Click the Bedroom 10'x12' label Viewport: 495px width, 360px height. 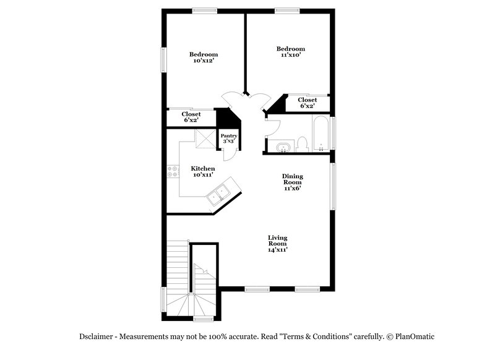[x=204, y=58]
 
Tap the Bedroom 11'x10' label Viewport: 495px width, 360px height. [x=290, y=52]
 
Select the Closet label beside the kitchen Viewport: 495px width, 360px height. [x=191, y=117]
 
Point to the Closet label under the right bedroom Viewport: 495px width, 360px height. [x=307, y=103]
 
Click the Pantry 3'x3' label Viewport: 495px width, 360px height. [x=229, y=139]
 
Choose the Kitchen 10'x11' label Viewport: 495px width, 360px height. [x=203, y=171]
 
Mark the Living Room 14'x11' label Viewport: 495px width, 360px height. [x=277, y=244]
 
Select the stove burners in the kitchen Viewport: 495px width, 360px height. [x=172, y=171]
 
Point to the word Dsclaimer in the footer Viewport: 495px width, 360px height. [x=97, y=336]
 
